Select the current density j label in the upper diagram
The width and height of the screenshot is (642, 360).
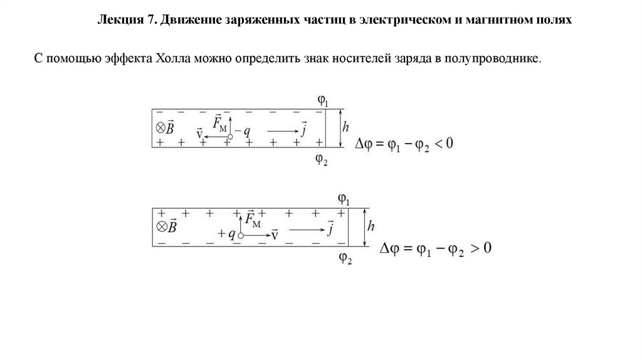(x=303, y=130)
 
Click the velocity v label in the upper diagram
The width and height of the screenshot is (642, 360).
(x=199, y=134)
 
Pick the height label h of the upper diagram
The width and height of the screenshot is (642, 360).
(x=345, y=127)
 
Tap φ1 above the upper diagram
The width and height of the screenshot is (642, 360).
(x=323, y=100)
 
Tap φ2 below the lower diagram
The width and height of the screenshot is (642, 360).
(x=345, y=257)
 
